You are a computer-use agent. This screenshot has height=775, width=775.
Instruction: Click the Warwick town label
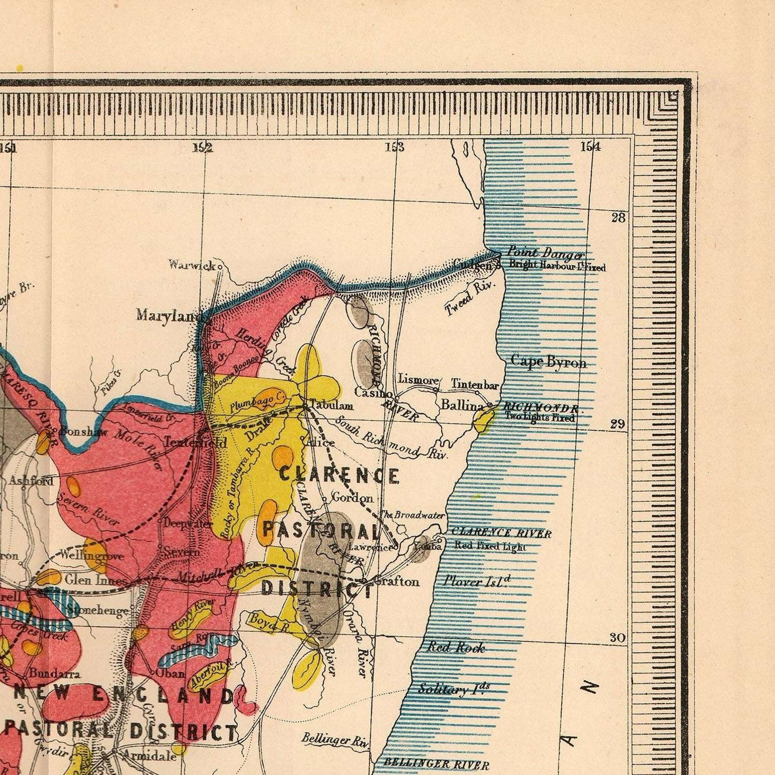click(192, 265)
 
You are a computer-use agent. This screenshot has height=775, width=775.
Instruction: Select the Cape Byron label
click(548, 362)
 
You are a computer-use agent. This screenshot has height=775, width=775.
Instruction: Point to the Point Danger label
click(545, 253)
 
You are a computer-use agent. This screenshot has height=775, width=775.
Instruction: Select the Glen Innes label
click(96, 579)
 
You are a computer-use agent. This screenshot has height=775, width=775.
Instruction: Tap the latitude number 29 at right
click(617, 424)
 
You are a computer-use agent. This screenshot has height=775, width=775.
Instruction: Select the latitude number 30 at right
click(617, 637)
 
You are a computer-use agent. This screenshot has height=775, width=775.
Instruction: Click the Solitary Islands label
click(454, 689)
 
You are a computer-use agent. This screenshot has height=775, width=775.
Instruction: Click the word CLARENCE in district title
click(339, 475)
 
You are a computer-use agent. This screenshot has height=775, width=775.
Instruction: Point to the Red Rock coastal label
click(456, 648)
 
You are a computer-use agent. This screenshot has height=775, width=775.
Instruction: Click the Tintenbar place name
click(475, 385)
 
